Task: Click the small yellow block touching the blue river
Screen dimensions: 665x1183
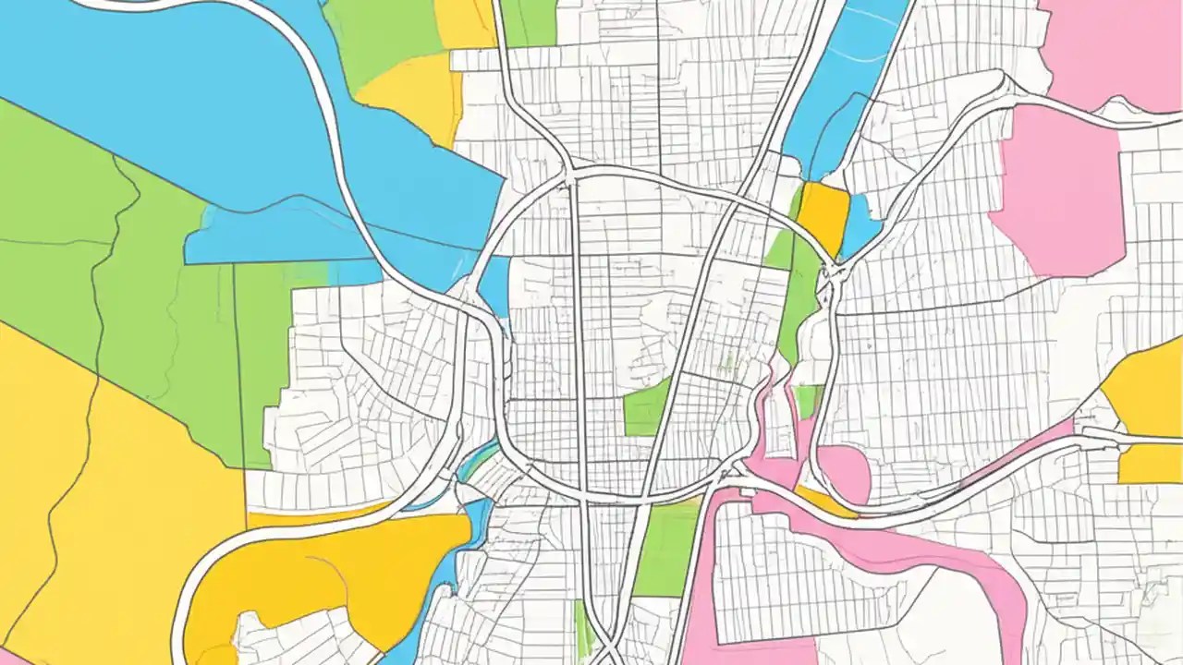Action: coord(823,214)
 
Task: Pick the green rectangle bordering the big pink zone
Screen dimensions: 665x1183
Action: coord(667,549)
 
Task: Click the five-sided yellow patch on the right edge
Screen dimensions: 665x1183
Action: coord(1146,388)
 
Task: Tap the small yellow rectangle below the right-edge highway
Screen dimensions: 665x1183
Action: coord(1150,464)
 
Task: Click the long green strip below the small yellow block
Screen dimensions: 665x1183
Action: coord(800,296)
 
